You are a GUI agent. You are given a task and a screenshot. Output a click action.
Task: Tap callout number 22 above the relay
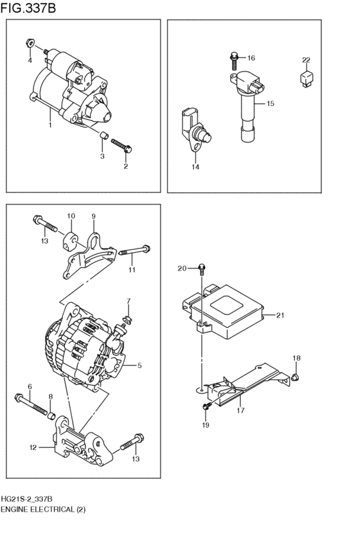307,60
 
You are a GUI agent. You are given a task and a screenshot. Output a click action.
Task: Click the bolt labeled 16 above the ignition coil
234,61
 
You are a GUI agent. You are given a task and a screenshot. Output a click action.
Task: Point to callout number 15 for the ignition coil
270,103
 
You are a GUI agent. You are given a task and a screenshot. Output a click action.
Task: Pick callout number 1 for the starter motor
50,126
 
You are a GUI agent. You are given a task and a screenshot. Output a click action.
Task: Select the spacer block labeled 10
71,236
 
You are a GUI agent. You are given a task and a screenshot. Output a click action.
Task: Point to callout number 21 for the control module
280,315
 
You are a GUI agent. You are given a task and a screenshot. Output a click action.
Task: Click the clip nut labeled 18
295,375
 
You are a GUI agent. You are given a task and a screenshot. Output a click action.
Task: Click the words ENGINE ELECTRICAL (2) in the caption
42,509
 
